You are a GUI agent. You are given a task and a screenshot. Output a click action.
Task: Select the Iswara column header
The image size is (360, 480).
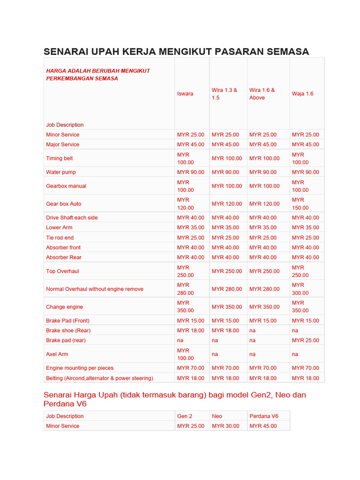tap(185, 94)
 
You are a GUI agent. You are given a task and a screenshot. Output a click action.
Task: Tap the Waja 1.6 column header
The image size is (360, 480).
tap(302, 94)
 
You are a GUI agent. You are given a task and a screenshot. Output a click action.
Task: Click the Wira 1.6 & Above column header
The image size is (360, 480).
tap(262, 94)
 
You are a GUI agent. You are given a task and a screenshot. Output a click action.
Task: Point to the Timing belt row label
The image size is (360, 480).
tap(60, 158)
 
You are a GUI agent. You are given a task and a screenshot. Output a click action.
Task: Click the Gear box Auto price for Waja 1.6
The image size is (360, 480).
tap(300, 203)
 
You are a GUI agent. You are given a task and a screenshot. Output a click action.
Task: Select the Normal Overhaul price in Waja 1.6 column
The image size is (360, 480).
tap(300, 289)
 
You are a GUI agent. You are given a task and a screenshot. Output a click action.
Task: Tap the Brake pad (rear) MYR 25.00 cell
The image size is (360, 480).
tap(305, 340)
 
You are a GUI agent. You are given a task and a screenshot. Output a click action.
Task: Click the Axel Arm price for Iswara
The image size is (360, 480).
tap(185, 354)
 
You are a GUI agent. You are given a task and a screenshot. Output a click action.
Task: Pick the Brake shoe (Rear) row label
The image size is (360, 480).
tap(68, 330)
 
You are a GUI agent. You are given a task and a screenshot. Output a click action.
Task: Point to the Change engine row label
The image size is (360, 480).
tap(64, 307)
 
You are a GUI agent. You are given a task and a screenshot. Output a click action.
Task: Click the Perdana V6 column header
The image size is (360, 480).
tap(263, 416)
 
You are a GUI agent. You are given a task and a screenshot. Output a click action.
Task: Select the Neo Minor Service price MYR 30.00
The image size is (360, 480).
tap(225, 426)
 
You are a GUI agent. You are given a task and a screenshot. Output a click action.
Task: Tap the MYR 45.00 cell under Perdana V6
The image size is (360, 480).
tap(263, 426)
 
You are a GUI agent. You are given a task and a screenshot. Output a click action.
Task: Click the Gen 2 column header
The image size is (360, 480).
tap(185, 416)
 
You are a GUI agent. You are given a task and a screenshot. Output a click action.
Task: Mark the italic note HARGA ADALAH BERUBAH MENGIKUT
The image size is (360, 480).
tap(98, 71)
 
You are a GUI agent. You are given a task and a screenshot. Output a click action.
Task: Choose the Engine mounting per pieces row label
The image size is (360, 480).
tap(80, 368)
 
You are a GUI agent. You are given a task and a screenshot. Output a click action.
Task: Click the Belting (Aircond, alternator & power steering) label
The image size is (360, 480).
tap(99, 378)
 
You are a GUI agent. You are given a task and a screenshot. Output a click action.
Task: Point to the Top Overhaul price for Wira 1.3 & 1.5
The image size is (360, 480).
tap(227, 271)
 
